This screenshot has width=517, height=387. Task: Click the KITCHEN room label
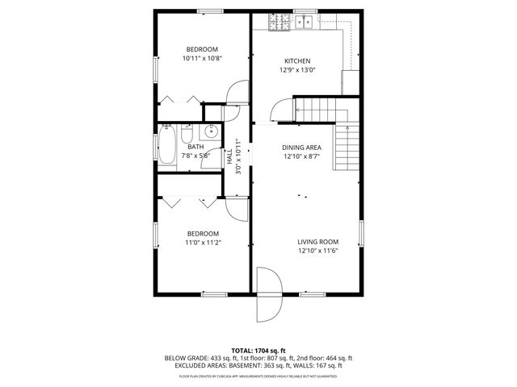296,61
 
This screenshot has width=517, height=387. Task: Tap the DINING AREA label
302,148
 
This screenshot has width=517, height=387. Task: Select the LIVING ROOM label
317,242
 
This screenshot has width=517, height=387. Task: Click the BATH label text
195,147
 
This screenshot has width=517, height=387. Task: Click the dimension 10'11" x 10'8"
201,58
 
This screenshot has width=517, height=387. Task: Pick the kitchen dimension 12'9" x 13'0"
296,70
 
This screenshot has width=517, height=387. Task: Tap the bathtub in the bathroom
167,148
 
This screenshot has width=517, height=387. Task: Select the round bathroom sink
212,133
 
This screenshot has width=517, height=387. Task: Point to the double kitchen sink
304,22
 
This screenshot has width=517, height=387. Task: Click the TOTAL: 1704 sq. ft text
258,350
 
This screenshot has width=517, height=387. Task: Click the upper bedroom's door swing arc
237,93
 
